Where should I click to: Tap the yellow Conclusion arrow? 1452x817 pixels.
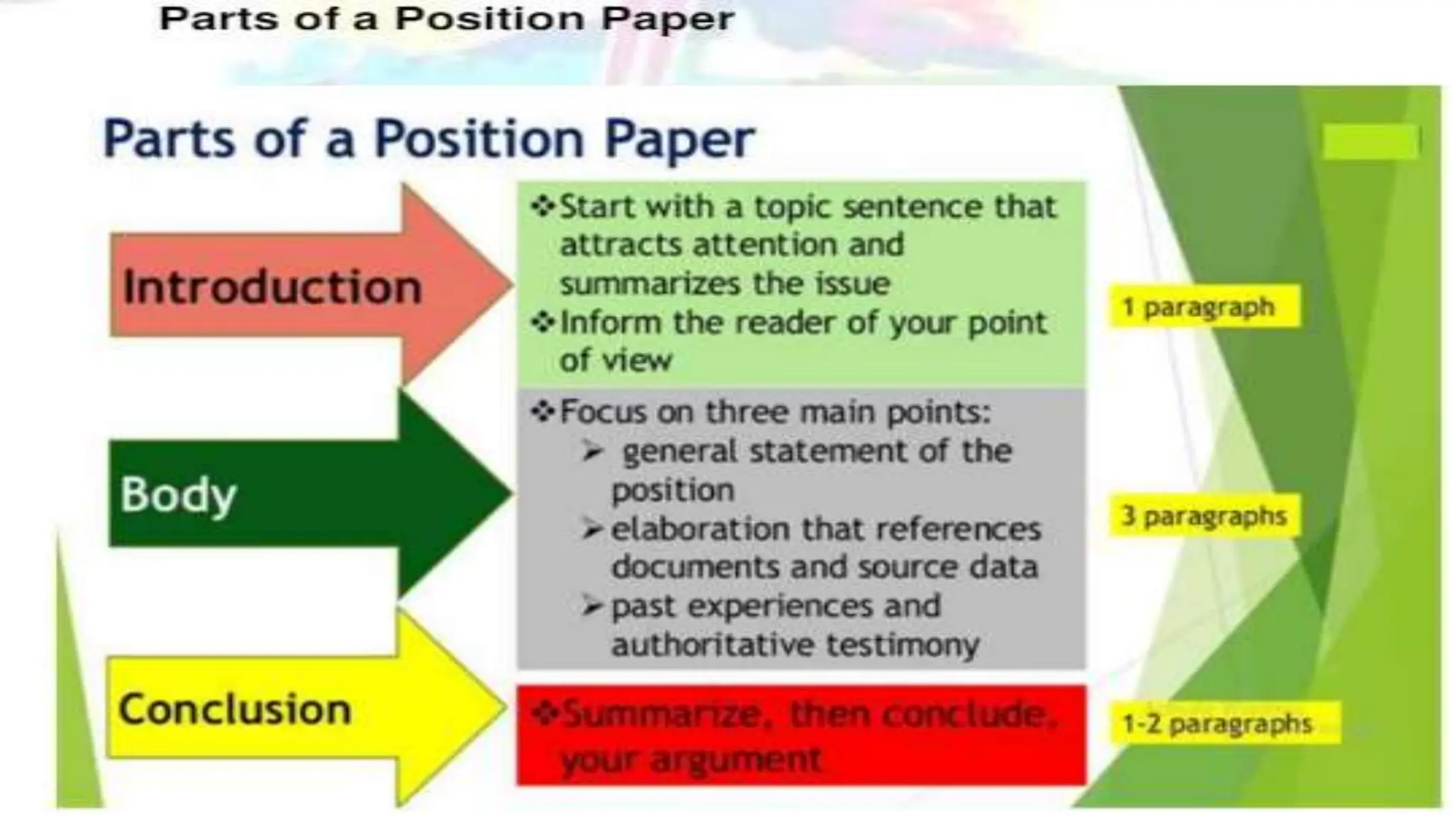(284, 708)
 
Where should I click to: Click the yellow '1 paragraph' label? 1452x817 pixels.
(1204, 306)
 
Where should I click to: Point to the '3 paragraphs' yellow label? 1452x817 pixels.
(1204, 516)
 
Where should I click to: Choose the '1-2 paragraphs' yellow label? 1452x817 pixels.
(1222, 723)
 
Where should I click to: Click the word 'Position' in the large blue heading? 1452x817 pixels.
(479, 138)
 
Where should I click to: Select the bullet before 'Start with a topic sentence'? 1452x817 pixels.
(542, 206)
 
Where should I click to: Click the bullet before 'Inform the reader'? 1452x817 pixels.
(542, 323)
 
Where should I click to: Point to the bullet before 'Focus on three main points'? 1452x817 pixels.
(542, 411)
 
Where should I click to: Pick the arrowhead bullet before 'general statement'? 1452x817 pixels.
(592, 450)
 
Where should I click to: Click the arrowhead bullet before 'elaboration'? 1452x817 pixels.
(592, 528)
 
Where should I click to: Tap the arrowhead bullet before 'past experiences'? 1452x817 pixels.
(592, 606)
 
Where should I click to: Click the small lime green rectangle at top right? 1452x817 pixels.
(1370, 141)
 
